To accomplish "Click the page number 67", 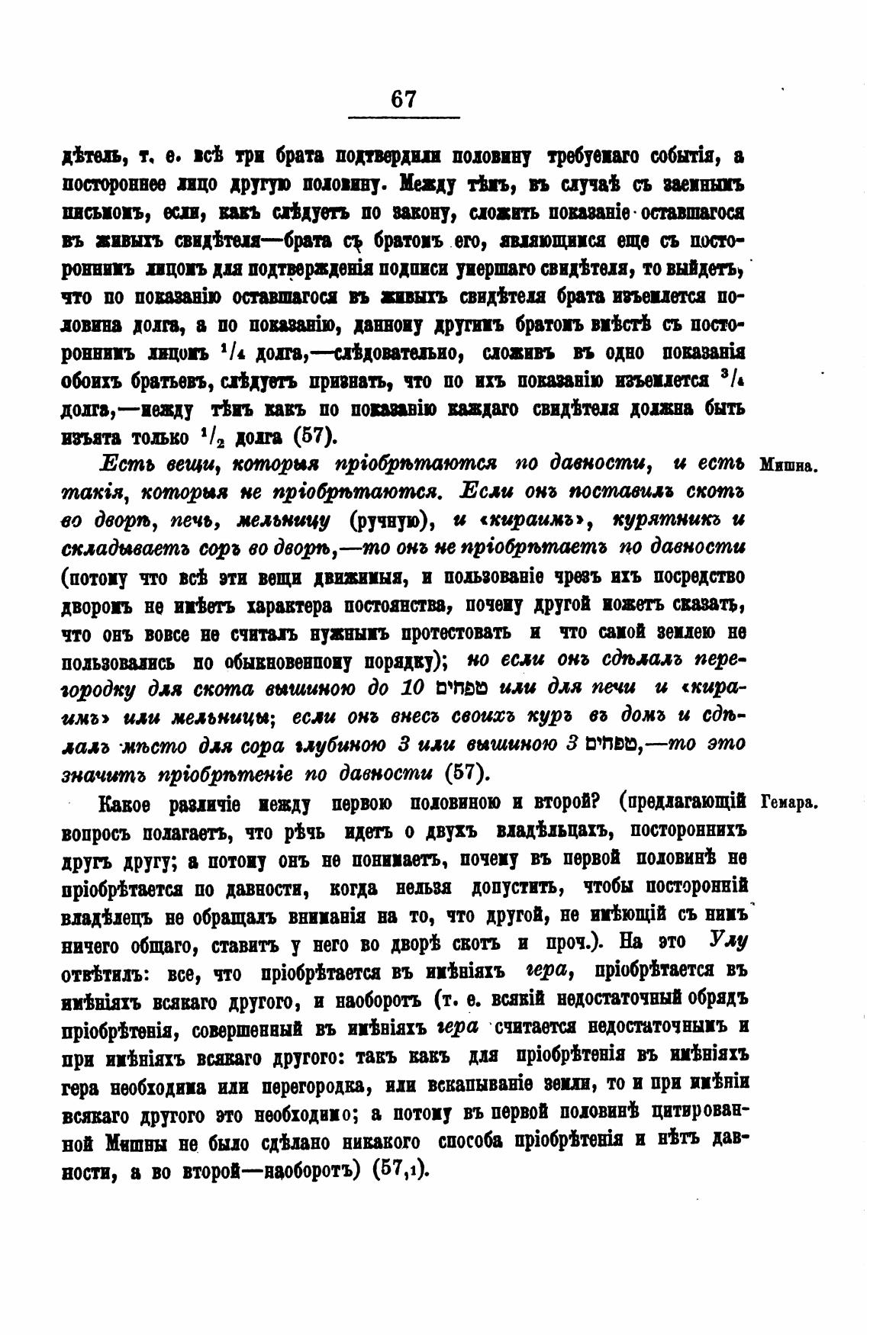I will coord(403,99).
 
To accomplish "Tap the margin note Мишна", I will coord(789,465).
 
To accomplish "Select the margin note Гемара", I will coord(790,801).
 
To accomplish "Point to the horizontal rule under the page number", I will coord(403,117).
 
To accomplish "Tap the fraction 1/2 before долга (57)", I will coord(211,437).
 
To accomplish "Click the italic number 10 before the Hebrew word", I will coord(413,689).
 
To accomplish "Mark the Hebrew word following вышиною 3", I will coord(615,744).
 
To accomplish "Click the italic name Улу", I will coord(727,939).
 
